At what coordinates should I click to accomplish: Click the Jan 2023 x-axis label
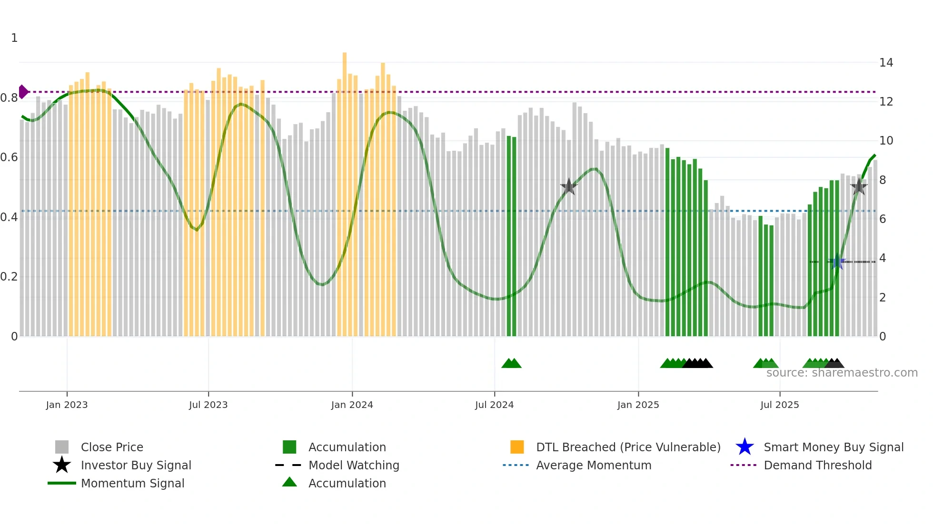[x=67, y=405]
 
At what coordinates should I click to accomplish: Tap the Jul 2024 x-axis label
[x=494, y=405]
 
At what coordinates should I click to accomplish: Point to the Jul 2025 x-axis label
[x=779, y=405]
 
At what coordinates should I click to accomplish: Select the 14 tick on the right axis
[x=886, y=62]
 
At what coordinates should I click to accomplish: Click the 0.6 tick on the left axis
[x=9, y=157]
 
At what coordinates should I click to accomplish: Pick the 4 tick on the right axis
[x=883, y=258]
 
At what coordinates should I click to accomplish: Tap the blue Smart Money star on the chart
[x=837, y=262]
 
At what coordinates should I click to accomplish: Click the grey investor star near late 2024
[x=568, y=187]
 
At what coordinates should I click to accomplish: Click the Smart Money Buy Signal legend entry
[x=833, y=447]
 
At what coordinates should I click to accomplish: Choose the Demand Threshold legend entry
[x=817, y=465]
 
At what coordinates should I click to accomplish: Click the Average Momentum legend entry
[x=593, y=465]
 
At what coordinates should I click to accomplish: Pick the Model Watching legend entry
[x=353, y=465]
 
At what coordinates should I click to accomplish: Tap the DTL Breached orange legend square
[x=517, y=447]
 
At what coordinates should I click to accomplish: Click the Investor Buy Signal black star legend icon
[x=62, y=465]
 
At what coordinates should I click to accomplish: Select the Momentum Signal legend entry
[x=132, y=483]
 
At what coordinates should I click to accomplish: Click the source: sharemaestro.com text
[x=842, y=373]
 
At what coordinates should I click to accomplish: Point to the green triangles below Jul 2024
[x=511, y=363]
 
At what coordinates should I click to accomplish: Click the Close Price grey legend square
[x=62, y=447]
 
